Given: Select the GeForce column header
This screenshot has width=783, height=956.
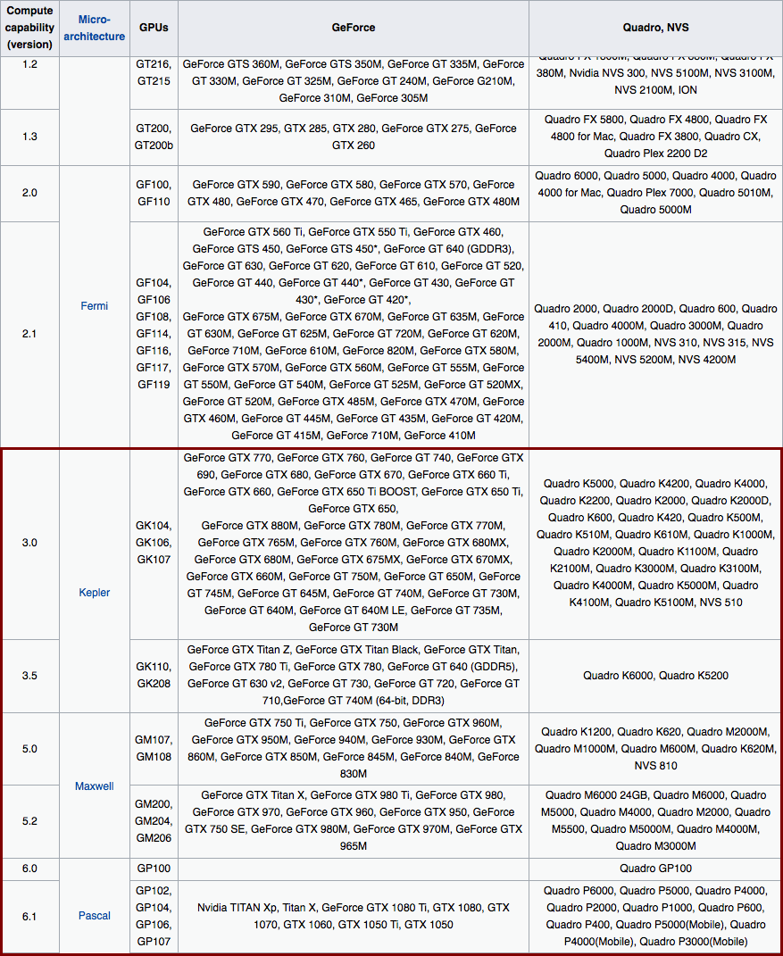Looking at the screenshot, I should pyautogui.click(x=354, y=28).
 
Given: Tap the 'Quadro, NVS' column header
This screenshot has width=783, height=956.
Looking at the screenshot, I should pyautogui.click(x=655, y=28).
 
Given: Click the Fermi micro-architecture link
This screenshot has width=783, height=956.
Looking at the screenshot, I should pyautogui.click(x=94, y=306).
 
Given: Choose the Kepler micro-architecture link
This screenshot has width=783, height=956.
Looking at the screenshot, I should pyautogui.click(x=94, y=593).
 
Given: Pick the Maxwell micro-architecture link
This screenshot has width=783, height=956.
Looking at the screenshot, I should pyautogui.click(x=94, y=786).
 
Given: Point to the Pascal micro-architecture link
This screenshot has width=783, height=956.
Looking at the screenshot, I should pyautogui.click(x=94, y=916).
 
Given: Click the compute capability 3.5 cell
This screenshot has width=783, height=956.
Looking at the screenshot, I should pyautogui.click(x=29, y=676).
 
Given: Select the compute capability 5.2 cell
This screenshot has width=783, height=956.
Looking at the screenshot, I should pyautogui.click(x=29, y=821).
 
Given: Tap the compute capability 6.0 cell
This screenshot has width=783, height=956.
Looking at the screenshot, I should pyautogui.click(x=29, y=869).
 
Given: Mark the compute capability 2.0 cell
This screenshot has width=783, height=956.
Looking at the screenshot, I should pyautogui.click(x=29, y=193).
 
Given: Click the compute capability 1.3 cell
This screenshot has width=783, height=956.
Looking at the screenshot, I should pyautogui.click(x=29, y=137).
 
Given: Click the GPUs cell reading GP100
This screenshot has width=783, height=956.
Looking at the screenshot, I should pyautogui.click(x=154, y=869).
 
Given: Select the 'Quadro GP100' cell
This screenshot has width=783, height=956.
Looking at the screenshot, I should pyautogui.click(x=655, y=869).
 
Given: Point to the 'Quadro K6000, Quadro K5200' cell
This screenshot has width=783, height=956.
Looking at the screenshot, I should pyautogui.click(x=655, y=676).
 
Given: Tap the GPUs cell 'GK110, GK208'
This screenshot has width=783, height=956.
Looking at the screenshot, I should pyautogui.click(x=154, y=676).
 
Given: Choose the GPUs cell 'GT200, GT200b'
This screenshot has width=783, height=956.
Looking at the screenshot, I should pyautogui.click(x=154, y=137).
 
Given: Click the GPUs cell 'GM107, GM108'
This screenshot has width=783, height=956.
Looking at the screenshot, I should pyautogui.click(x=154, y=749).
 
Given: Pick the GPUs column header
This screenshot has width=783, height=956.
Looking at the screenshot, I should pyautogui.click(x=154, y=28).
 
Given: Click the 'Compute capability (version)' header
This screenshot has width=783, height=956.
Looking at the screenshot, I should pyautogui.click(x=29, y=28).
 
